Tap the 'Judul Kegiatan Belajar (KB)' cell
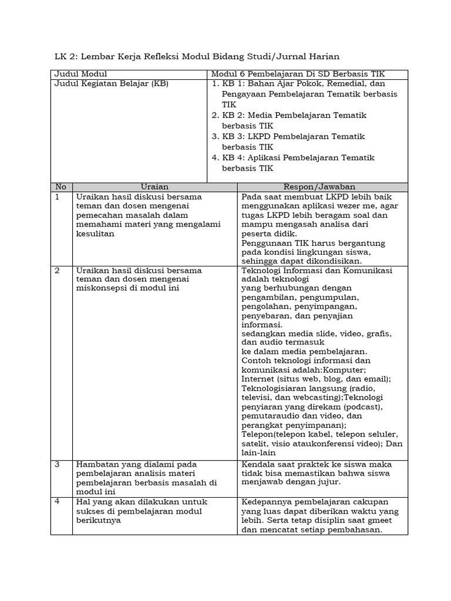(111, 84)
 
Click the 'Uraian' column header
(154, 187)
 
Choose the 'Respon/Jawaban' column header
(322, 187)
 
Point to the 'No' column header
(60, 187)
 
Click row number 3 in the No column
(58, 464)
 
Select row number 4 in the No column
(58, 502)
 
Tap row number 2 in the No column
(58, 271)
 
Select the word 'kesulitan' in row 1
(95, 234)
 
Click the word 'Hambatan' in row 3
(96, 464)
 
